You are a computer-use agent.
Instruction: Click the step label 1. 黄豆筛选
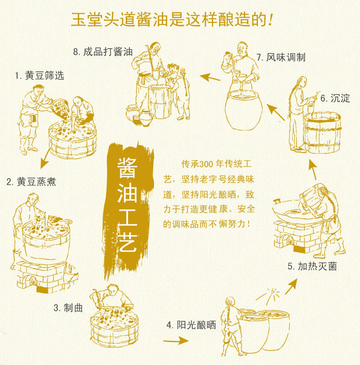click(x=39, y=76)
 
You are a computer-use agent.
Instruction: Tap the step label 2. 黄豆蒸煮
click(x=31, y=182)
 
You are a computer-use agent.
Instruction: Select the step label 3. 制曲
click(x=68, y=308)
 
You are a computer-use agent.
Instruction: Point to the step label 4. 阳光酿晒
click(x=191, y=325)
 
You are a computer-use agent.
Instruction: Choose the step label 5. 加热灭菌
click(x=312, y=266)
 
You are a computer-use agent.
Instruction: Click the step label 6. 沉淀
click(x=335, y=98)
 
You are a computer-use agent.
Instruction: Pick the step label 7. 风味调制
click(x=281, y=57)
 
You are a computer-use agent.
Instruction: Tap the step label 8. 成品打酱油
click(x=103, y=52)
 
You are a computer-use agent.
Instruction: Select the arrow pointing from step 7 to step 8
click(x=210, y=77)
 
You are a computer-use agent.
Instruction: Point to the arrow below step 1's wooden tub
click(x=45, y=159)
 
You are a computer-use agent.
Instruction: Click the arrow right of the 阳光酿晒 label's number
click(x=176, y=341)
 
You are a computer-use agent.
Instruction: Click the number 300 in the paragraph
click(x=206, y=164)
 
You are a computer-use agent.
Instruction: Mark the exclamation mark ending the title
click(x=270, y=20)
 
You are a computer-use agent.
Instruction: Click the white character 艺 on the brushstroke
click(x=127, y=242)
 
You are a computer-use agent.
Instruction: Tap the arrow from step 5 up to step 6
click(x=313, y=169)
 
